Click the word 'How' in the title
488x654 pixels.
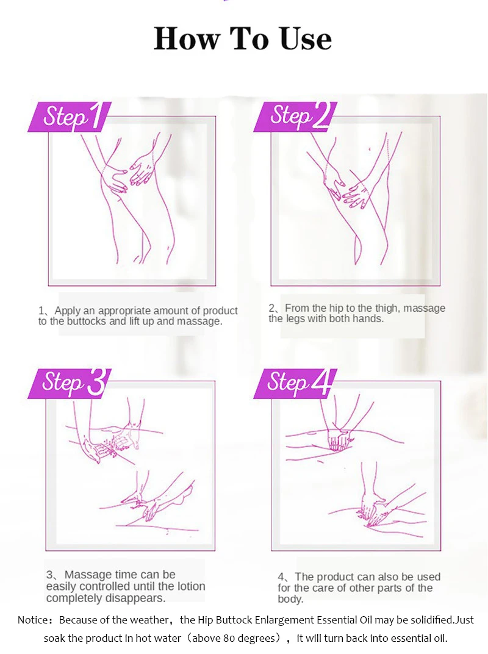(187, 39)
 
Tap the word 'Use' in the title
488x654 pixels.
(306, 39)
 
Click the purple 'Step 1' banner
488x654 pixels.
(70, 117)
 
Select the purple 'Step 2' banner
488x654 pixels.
(295, 117)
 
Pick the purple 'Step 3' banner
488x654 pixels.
(70, 383)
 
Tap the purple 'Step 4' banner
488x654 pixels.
(295, 383)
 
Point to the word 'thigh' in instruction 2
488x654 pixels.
(387, 308)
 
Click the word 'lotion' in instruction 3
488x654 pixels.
(192, 586)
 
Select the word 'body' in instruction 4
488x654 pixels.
(290, 599)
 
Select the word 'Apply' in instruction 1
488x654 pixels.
(68, 311)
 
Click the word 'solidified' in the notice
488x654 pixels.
(432, 620)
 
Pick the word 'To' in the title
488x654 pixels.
(249, 39)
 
